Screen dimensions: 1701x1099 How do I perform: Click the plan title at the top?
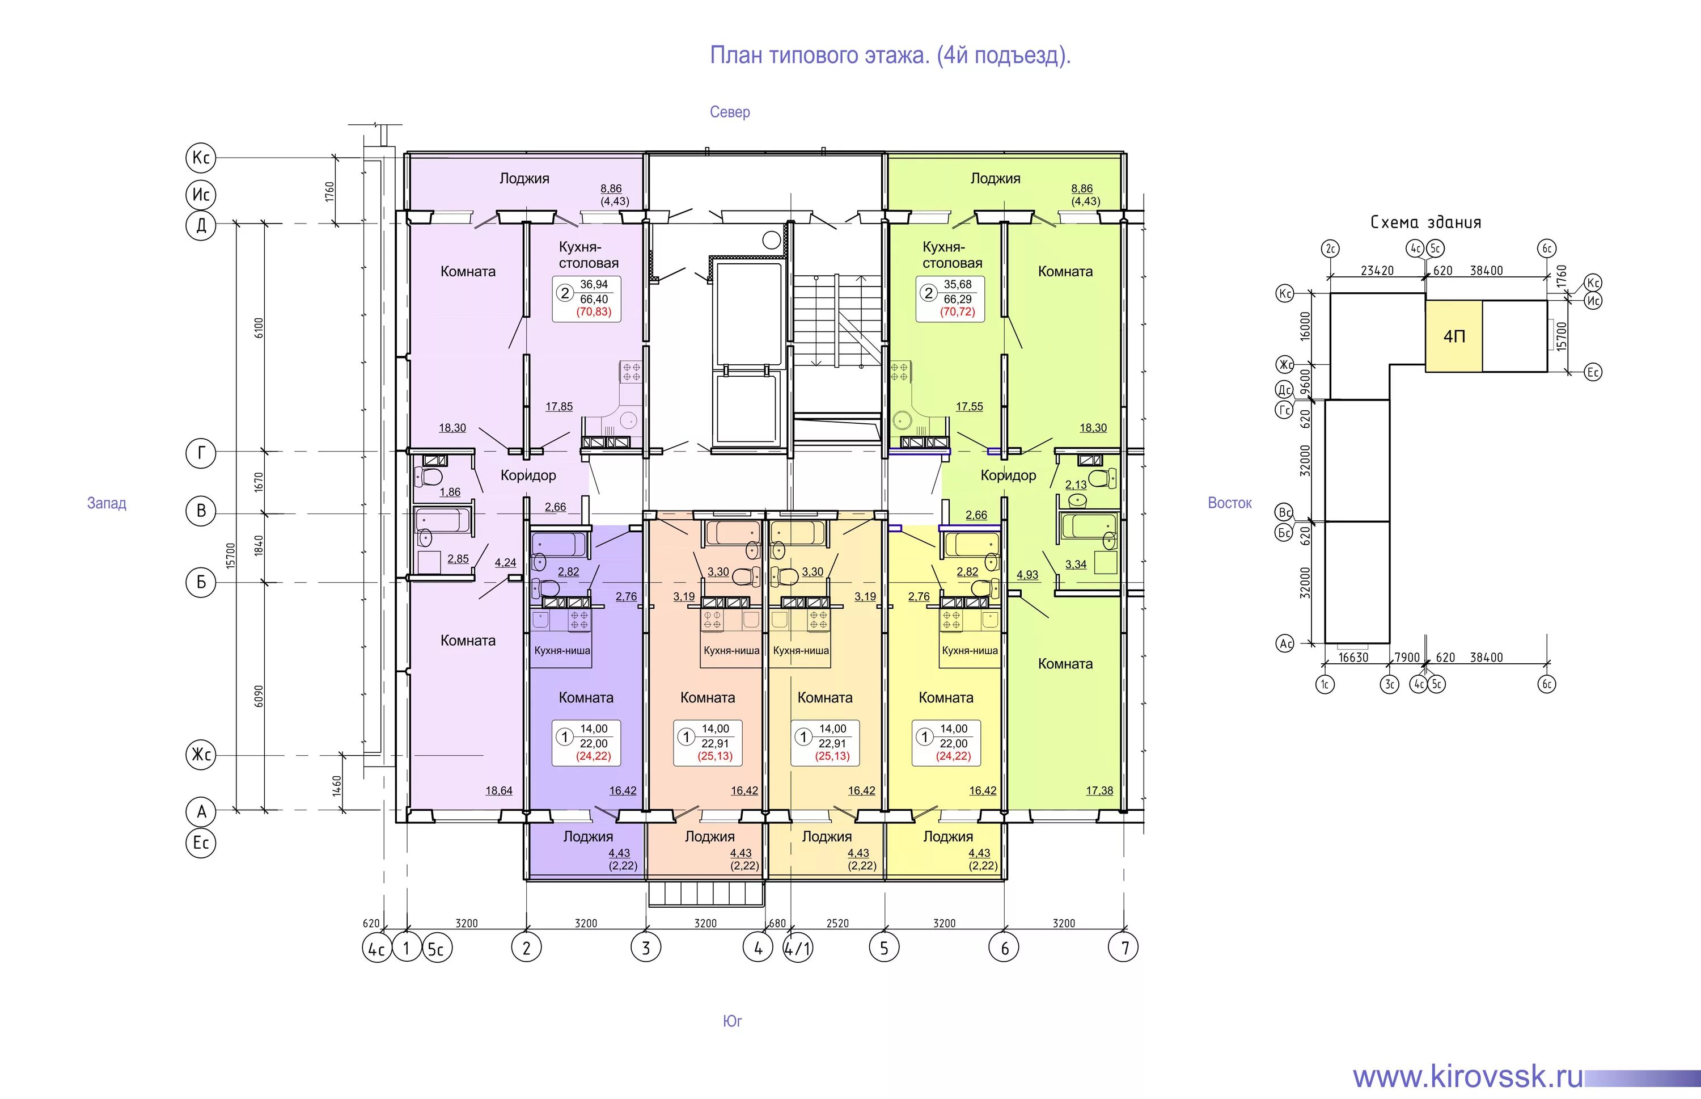(890, 56)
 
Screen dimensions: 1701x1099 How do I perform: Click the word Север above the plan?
(730, 112)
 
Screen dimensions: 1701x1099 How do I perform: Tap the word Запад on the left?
(106, 503)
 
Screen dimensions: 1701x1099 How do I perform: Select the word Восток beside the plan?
(1230, 503)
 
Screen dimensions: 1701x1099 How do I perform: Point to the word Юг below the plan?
(733, 1021)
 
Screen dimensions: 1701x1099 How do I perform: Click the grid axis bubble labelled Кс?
(201, 158)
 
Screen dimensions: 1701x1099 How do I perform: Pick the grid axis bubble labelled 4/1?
(797, 949)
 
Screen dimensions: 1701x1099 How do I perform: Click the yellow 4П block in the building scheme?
(1454, 336)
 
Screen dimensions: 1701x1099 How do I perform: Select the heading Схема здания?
(1425, 222)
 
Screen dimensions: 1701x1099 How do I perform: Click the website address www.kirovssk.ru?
(1468, 1076)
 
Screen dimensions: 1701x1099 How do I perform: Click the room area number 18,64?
(498, 791)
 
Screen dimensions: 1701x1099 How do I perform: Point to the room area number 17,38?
(1099, 791)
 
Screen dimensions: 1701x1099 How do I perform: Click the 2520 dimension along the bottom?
(837, 924)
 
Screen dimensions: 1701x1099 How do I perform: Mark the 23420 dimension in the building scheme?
(1377, 271)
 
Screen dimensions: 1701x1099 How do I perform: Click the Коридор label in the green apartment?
(1008, 475)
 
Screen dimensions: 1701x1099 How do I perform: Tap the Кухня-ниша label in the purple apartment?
(562, 651)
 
